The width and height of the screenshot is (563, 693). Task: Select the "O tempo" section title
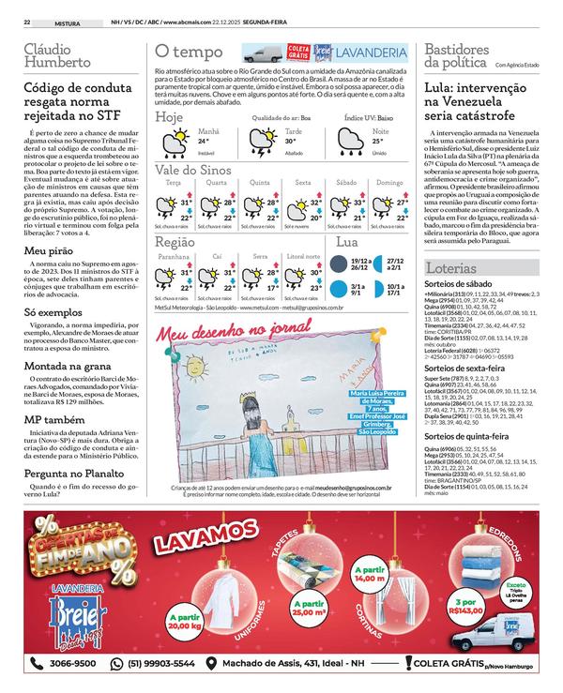pyautogui.click(x=189, y=52)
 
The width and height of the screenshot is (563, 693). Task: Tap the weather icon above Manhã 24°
pyautogui.click(x=175, y=142)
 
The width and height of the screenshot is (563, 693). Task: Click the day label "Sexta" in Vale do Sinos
pyautogui.click(x=302, y=182)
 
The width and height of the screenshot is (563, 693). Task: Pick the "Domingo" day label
pyautogui.click(x=389, y=182)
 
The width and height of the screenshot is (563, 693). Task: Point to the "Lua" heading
pyautogui.click(x=345, y=242)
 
